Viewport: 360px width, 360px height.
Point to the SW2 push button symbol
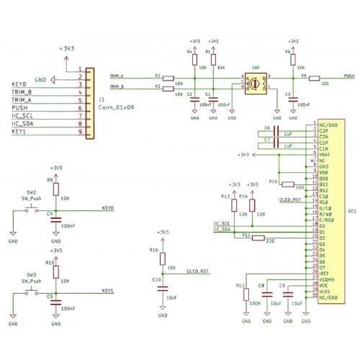pyautogui.click(x=32, y=209)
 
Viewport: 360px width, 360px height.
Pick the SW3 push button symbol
pyautogui.click(x=32, y=292)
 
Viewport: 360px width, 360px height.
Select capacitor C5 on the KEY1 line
pyautogui.click(x=57, y=302)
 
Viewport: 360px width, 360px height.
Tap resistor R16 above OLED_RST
pyautogui.click(x=162, y=259)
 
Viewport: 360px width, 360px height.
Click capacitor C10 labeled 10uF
pyautogui.click(x=162, y=284)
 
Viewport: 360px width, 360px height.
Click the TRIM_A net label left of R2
pyautogui.click(x=117, y=75)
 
